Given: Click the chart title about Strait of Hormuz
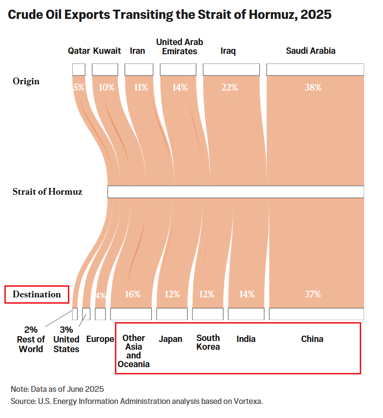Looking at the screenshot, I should point(170,15).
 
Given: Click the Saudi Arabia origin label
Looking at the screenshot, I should point(310,51).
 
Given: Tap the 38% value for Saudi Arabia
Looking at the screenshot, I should point(313,88).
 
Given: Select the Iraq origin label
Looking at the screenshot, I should point(228,51).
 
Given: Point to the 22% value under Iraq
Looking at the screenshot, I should point(230,88).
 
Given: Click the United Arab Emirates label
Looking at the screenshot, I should point(179,46).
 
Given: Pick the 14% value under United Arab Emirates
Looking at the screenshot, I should point(179,88).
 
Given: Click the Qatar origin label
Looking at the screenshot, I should point(79,51).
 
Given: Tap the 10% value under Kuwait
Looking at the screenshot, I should point(107,88).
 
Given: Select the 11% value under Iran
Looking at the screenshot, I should point(141,88).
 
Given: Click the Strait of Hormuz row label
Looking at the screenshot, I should point(48,192).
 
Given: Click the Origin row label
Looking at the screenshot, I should point(26,81).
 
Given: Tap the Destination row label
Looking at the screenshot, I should point(37,294).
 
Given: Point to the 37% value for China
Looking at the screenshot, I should point(313,294).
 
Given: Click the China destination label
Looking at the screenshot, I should point(312,339).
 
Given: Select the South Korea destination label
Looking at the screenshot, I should point(208,342).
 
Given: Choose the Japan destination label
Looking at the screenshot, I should point(171,339).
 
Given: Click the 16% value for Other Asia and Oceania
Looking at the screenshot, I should point(133,294).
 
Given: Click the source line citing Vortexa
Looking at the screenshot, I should point(136,402).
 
